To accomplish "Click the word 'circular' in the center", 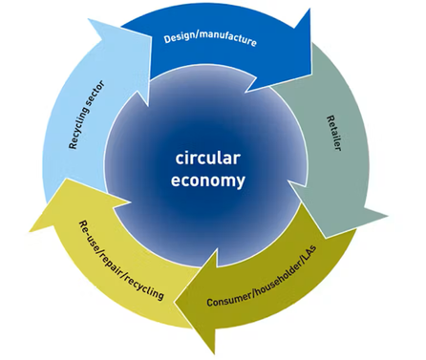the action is [x=208, y=159].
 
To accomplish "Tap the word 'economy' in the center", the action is [x=208, y=180].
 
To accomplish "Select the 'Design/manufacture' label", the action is [x=210, y=39].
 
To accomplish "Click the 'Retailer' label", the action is [x=334, y=133].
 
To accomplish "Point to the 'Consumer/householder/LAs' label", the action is [x=262, y=276].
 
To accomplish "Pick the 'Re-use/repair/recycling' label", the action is [x=121, y=260].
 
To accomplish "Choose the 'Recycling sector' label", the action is [x=86, y=115].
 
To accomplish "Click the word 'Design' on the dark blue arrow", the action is [x=179, y=37].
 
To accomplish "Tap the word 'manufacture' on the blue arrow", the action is [x=226, y=39].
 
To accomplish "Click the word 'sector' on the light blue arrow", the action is [x=96, y=93].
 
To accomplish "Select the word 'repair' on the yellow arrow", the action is [x=112, y=257].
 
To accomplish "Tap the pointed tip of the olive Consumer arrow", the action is [x=174, y=301].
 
